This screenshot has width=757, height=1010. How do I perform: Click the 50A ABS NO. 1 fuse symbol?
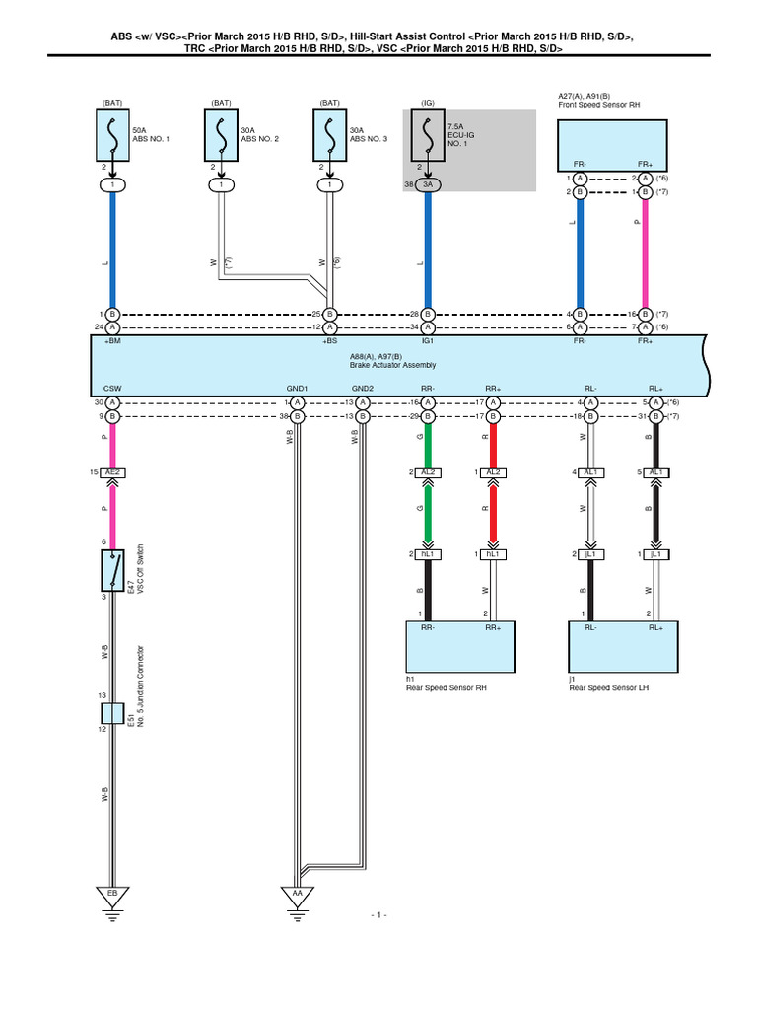[112, 136]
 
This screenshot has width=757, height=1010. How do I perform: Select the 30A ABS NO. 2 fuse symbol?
[222, 136]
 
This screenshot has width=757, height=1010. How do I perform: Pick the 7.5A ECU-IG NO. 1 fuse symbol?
[427, 136]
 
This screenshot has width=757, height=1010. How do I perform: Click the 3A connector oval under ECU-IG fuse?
[427, 184]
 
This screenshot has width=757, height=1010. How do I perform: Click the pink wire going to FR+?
[645, 252]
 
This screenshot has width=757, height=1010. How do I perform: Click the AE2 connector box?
[112, 473]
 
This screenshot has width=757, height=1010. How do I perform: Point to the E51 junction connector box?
[112, 714]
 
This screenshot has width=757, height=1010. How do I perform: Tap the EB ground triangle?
[112, 895]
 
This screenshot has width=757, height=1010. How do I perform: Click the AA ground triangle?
[295, 895]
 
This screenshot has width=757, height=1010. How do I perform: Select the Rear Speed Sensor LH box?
[623, 647]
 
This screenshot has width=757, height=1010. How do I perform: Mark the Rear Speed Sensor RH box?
[459, 647]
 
